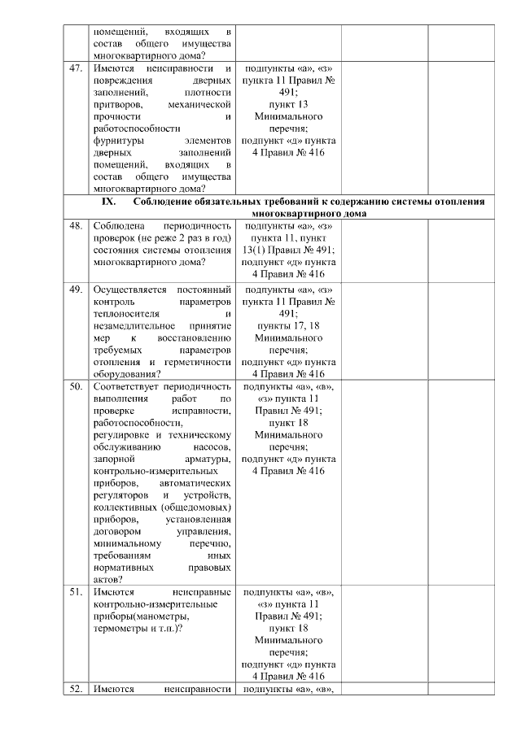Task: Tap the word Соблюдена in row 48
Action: tap(120, 226)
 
